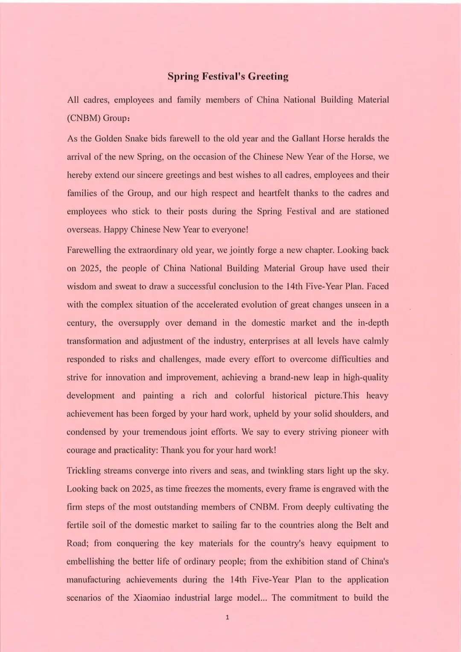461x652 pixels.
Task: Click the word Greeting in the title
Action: click(268, 77)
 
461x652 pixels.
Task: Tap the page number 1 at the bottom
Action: click(227, 617)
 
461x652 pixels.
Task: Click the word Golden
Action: click(108, 139)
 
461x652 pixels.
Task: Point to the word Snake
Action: click(136, 139)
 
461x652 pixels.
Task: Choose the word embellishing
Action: click(90, 562)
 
